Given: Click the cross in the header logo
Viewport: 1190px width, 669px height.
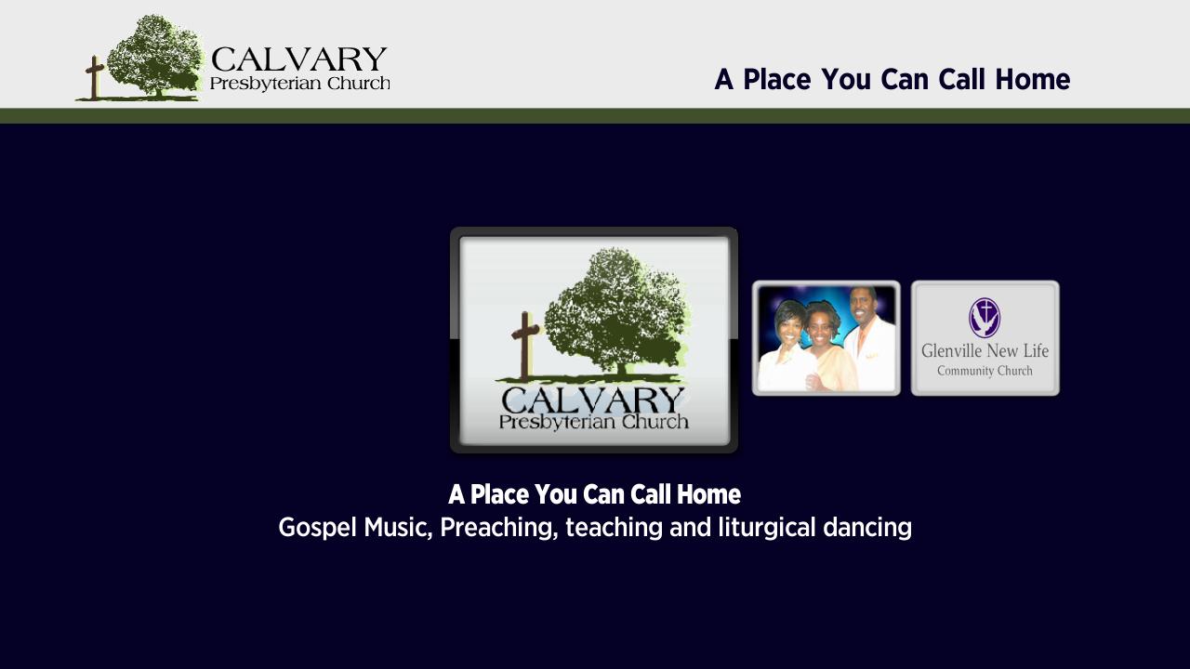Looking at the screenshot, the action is pyautogui.click(x=95, y=77).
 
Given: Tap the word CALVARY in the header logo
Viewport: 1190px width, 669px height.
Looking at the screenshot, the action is pyautogui.click(x=299, y=59).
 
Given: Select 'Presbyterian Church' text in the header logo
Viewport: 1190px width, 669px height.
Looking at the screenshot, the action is pyautogui.click(x=300, y=84).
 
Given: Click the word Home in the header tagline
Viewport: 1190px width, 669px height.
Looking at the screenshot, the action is pyautogui.click(x=1032, y=80).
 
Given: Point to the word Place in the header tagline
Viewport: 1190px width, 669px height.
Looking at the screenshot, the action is pyautogui.click(x=776, y=80).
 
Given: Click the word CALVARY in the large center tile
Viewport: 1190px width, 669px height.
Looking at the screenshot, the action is pyautogui.click(x=593, y=400).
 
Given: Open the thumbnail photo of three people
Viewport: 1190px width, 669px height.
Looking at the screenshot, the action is pyautogui.click(x=826, y=338).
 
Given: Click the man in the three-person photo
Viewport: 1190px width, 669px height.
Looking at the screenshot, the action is pyautogui.click(x=868, y=339).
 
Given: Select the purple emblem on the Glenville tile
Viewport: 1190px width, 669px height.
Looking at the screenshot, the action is pyautogui.click(x=985, y=318).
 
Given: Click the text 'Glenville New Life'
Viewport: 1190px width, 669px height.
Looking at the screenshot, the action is pyautogui.click(x=985, y=351).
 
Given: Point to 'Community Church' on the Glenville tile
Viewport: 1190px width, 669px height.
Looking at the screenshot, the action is pyautogui.click(x=985, y=371).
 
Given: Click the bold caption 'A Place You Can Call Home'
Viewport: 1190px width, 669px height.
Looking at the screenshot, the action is pyautogui.click(x=594, y=494).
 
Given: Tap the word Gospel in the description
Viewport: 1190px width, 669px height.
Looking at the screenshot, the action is pyautogui.click(x=317, y=528).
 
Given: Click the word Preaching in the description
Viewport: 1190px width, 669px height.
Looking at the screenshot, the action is pyautogui.click(x=499, y=528).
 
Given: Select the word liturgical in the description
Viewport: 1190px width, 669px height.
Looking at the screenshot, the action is pyautogui.click(x=767, y=528).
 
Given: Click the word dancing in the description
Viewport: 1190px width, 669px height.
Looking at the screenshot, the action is pyautogui.click(x=867, y=528).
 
